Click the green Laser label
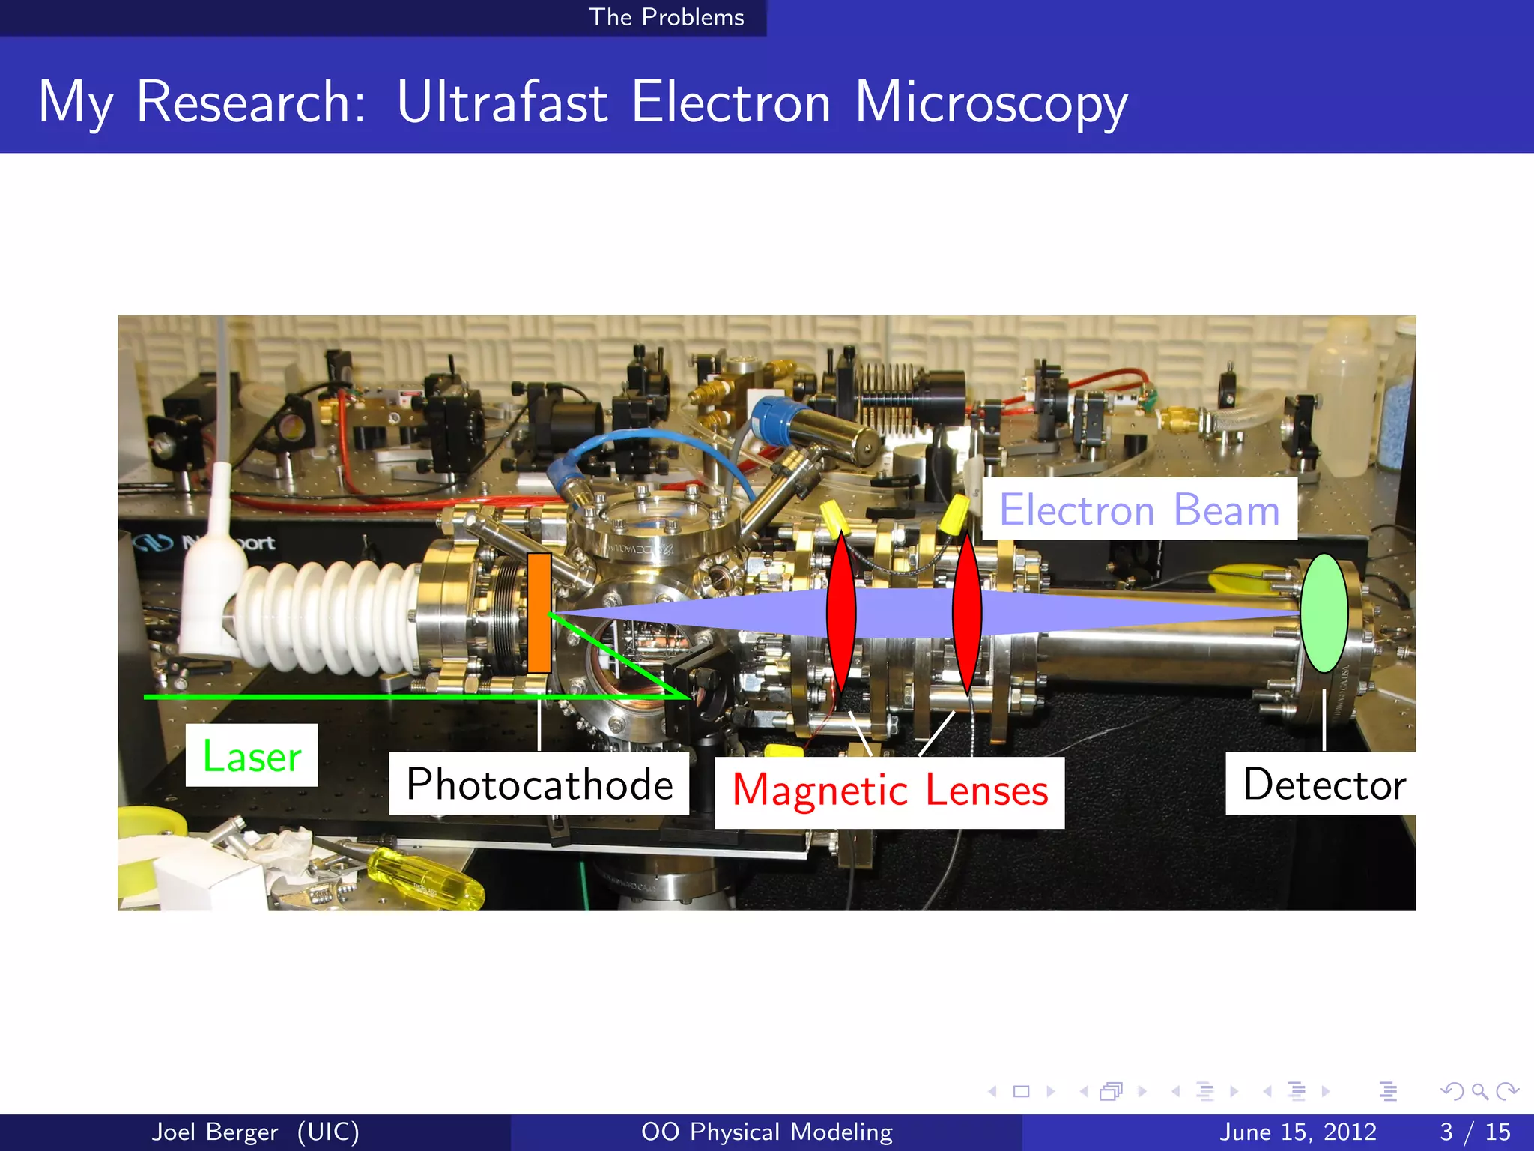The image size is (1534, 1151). [x=252, y=755]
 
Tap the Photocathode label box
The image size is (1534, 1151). [x=539, y=784]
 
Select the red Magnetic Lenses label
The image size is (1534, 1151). [x=889, y=791]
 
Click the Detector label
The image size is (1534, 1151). [x=1324, y=784]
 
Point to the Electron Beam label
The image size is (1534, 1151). [x=1139, y=510]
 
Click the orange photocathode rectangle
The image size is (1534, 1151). [x=539, y=613]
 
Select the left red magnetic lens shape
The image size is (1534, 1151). [x=841, y=613]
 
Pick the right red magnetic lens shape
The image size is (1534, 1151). [x=967, y=613]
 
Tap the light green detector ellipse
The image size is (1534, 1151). [x=1324, y=613]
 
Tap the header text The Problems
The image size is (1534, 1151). [x=666, y=17]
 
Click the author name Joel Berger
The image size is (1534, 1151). [x=214, y=1132]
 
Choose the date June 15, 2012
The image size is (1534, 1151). [x=1297, y=1132]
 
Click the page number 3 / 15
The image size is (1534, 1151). [x=1474, y=1132]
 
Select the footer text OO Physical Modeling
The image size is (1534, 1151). [x=766, y=1132]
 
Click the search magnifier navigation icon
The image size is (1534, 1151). [x=1479, y=1091]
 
